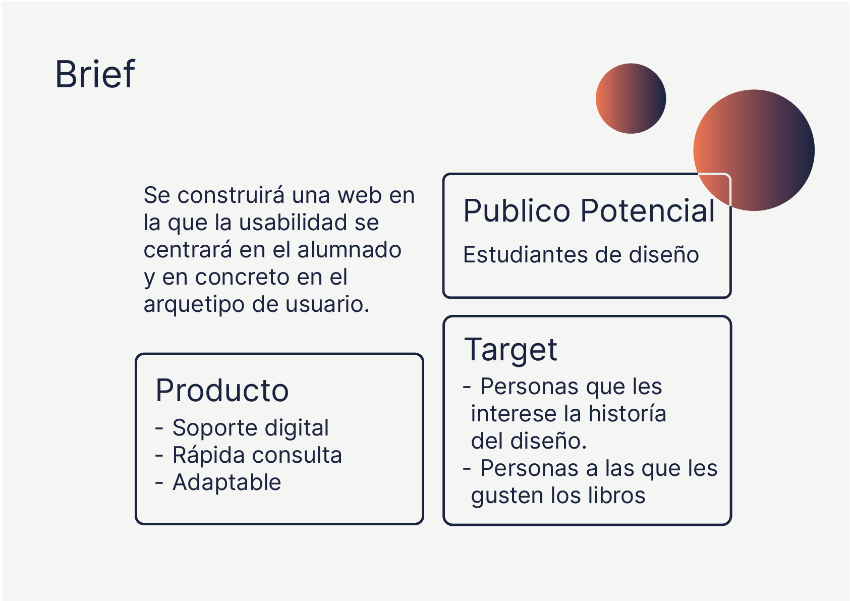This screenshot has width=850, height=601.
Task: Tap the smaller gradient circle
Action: point(631,98)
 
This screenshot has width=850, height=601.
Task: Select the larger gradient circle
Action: point(754,150)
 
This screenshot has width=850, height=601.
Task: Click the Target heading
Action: point(511,350)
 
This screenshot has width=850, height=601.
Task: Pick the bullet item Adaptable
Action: point(227,482)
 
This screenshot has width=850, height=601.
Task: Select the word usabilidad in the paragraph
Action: point(293,222)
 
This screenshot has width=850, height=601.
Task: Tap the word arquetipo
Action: point(194,305)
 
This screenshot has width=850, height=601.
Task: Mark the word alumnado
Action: point(349,250)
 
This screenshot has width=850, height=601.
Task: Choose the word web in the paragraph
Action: point(359,195)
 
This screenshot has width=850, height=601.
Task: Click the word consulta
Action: point(297,455)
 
